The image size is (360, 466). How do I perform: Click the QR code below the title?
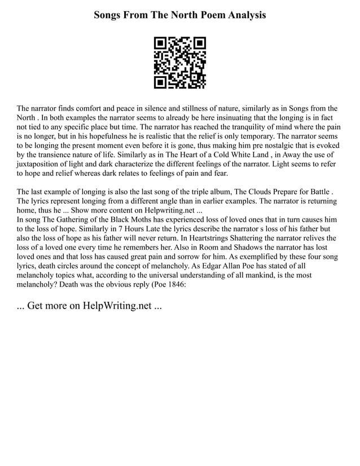pyautogui.click(x=180, y=63)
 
